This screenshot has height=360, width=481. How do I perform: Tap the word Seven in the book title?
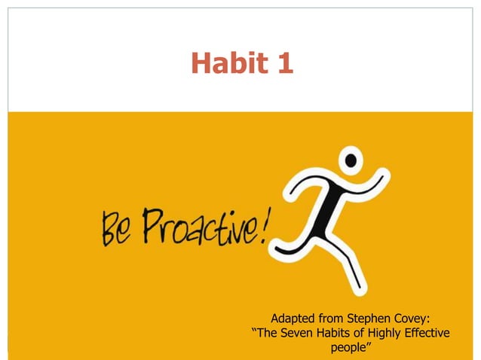(x=302, y=333)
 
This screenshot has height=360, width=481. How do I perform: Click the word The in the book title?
(x=270, y=333)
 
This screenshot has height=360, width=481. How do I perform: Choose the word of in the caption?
(x=369, y=333)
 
